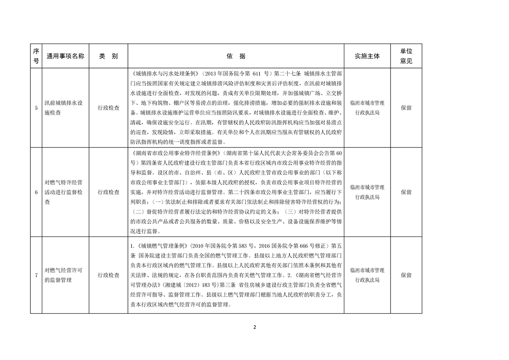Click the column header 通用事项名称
(x=65, y=56)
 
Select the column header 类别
(x=108, y=56)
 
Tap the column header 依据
(x=236, y=56)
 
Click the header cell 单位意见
(x=406, y=56)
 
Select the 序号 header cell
(x=36, y=56)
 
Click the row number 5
(x=36, y=108)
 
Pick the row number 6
(x=36, y=192)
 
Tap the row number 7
(x=36, y=275)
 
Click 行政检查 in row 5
(x=108, y=108)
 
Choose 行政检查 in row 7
(x=108, y=275)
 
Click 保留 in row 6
(x=406, y=192)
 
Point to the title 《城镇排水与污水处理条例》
(x=164, y=73)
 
